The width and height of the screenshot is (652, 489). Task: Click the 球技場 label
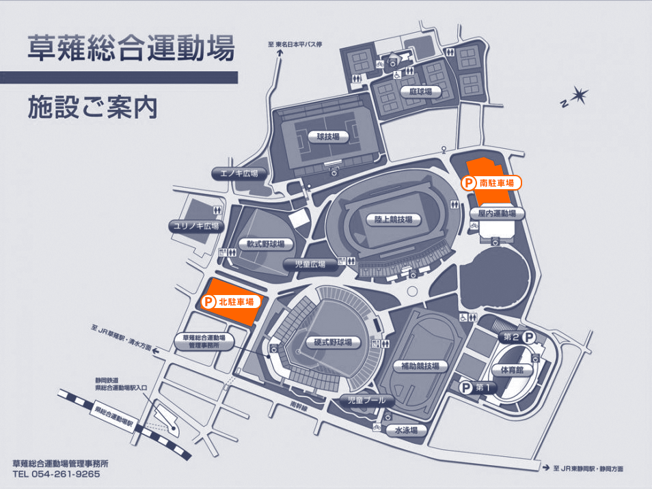point(328,137)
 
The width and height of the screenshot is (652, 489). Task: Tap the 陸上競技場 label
point(393,220)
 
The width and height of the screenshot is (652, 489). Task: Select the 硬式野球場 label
point(329,342)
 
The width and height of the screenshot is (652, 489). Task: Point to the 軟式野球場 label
point(266,244)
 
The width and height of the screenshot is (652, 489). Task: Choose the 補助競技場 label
point(416,366)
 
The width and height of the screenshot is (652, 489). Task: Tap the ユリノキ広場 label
point(196,226)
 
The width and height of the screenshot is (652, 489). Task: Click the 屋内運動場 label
point(497,213)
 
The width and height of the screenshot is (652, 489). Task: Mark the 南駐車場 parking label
point(492,183)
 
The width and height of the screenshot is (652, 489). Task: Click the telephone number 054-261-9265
point(65,473)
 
